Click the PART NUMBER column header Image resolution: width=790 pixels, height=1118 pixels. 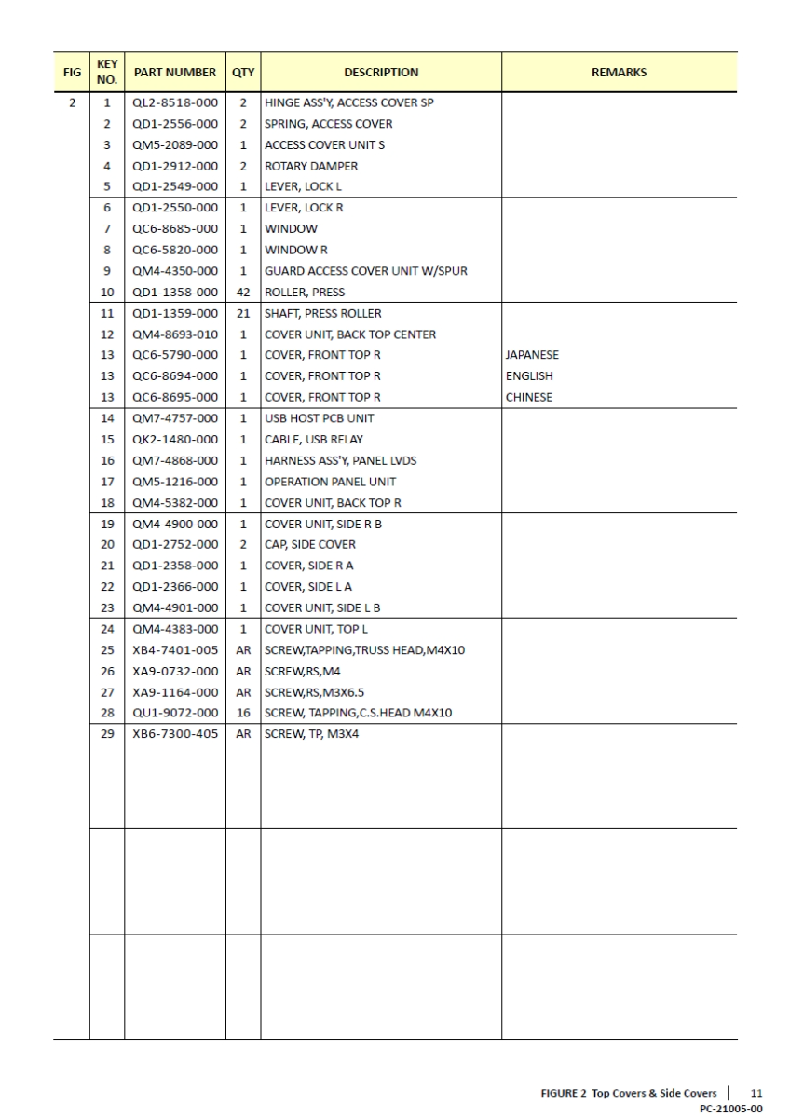(x=175, y=73)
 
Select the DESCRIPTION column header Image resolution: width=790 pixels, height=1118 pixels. (x=381, y=73)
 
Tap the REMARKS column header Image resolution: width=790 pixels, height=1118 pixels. (x=620, y=73)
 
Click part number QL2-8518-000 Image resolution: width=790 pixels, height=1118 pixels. (x=175, y=103)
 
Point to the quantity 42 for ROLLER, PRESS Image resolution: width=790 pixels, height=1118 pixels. (x=243, y=292)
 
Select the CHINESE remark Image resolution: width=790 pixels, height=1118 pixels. (x=529, y=397)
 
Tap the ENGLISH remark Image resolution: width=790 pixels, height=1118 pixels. (x=529, y=376)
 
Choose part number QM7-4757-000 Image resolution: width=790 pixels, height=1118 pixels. (x=175, y=418)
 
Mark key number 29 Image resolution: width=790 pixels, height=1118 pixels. (x=107, y=733)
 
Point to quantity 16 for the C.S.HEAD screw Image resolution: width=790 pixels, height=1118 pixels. (x=243, y=713)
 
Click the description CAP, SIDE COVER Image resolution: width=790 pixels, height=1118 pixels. (x=310, y=544)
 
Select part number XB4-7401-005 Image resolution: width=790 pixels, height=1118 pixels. (x=175, y=649)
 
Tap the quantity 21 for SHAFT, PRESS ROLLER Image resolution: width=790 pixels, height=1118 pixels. (x=243, y=313)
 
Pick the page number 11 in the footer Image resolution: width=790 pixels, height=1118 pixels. (x=757, y=1093)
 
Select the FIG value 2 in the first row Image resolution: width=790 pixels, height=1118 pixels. (x=71, y=103)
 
